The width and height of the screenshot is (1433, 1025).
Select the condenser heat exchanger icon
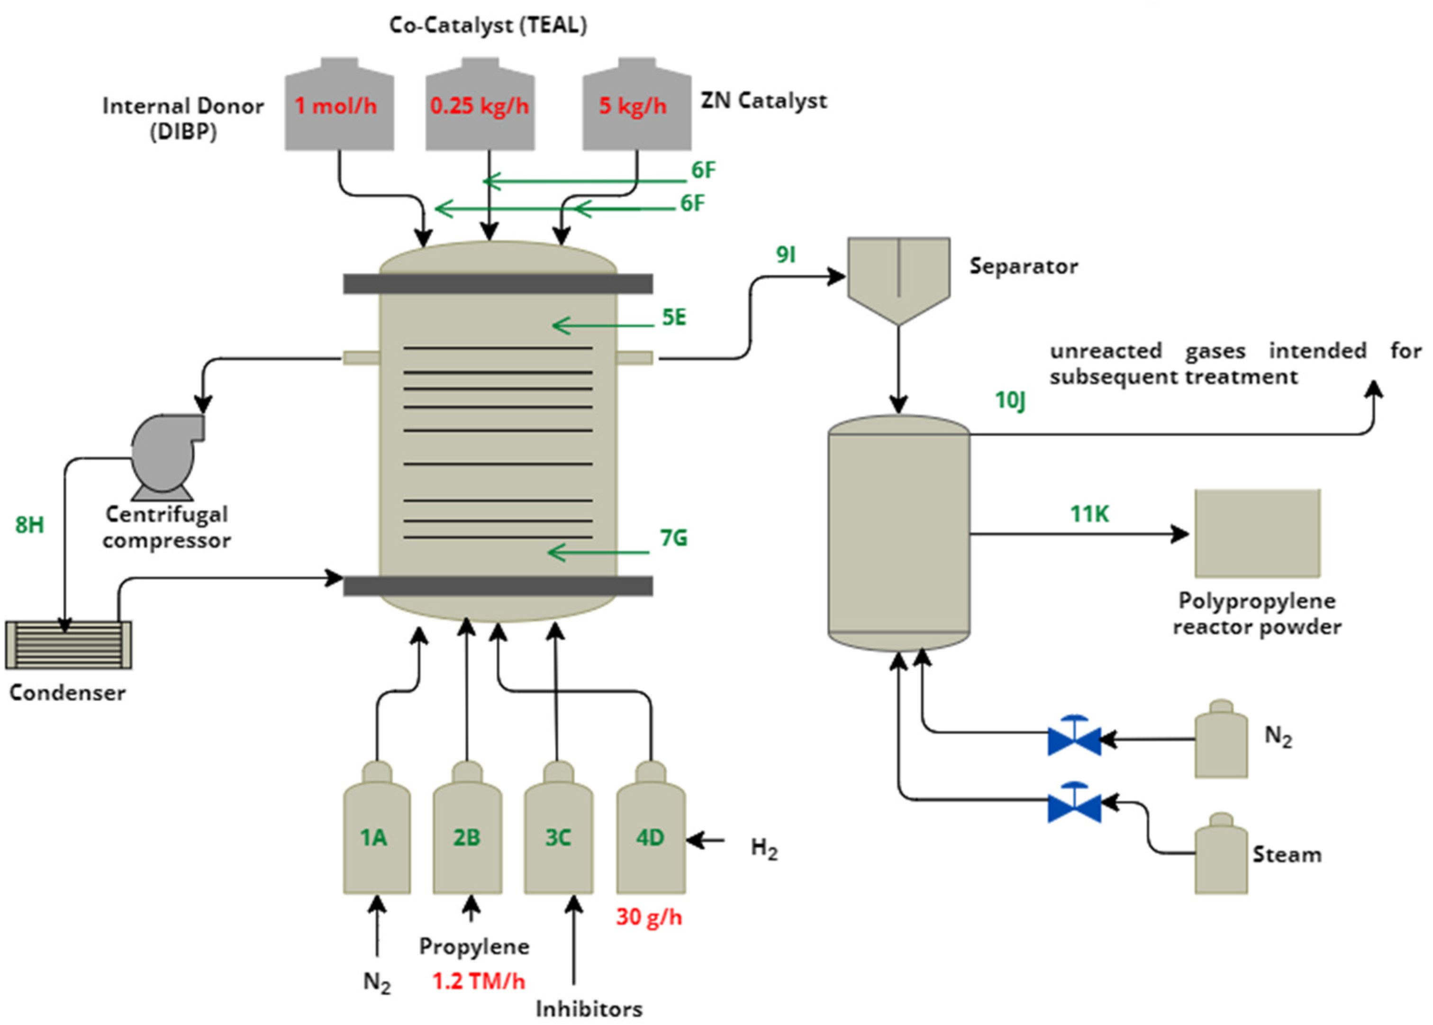coord(69,644)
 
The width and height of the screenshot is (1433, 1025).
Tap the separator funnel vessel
coord(898,281)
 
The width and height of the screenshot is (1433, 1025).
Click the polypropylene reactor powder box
coord(1257,533)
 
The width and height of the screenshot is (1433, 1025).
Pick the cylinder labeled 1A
coord(377,827)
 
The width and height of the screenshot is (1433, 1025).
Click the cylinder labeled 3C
coord(558,827)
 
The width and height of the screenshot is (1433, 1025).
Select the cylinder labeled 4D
coord(651,827)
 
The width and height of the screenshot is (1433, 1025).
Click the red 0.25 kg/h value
coord(480,105)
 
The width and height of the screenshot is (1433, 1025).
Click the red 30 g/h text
coord(649,916)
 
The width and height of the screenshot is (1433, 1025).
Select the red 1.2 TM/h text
coord(478,981)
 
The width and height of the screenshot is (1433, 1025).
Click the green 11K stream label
coord(1089,514)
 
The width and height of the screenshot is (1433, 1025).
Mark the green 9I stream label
coord(786,254)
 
